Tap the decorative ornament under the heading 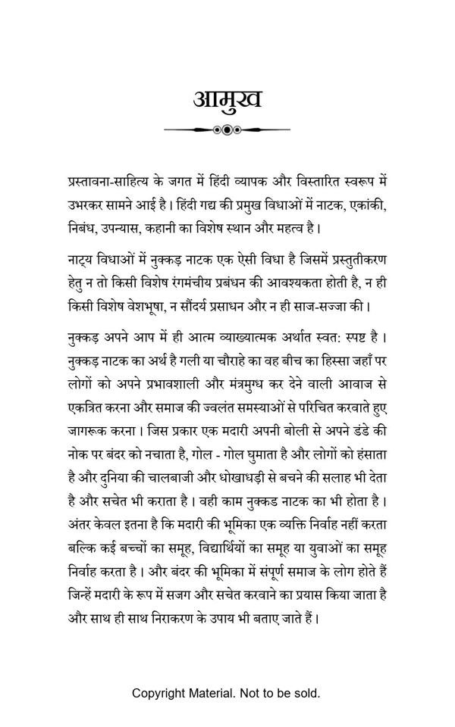click(227, 130)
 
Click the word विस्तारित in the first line click(313, 183)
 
